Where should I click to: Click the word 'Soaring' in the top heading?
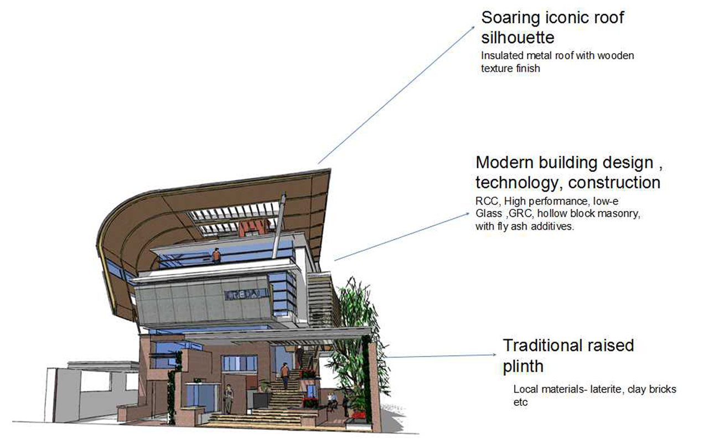coord(510,18)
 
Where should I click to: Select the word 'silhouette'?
coord(518,38)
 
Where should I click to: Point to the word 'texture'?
coord(497,69)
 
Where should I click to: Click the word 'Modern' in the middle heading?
coord(505,162)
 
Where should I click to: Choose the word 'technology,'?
coord(520,183)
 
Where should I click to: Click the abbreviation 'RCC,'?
coord(488,202)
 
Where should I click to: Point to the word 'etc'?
coord(520,403)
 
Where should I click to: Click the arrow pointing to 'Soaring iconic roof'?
coord(396,95)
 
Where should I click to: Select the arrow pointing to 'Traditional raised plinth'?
coord(441,356)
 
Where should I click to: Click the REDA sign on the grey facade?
coord(247,294)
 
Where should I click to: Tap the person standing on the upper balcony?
coord(216,255)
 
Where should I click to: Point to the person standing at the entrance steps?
coord(229,399)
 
